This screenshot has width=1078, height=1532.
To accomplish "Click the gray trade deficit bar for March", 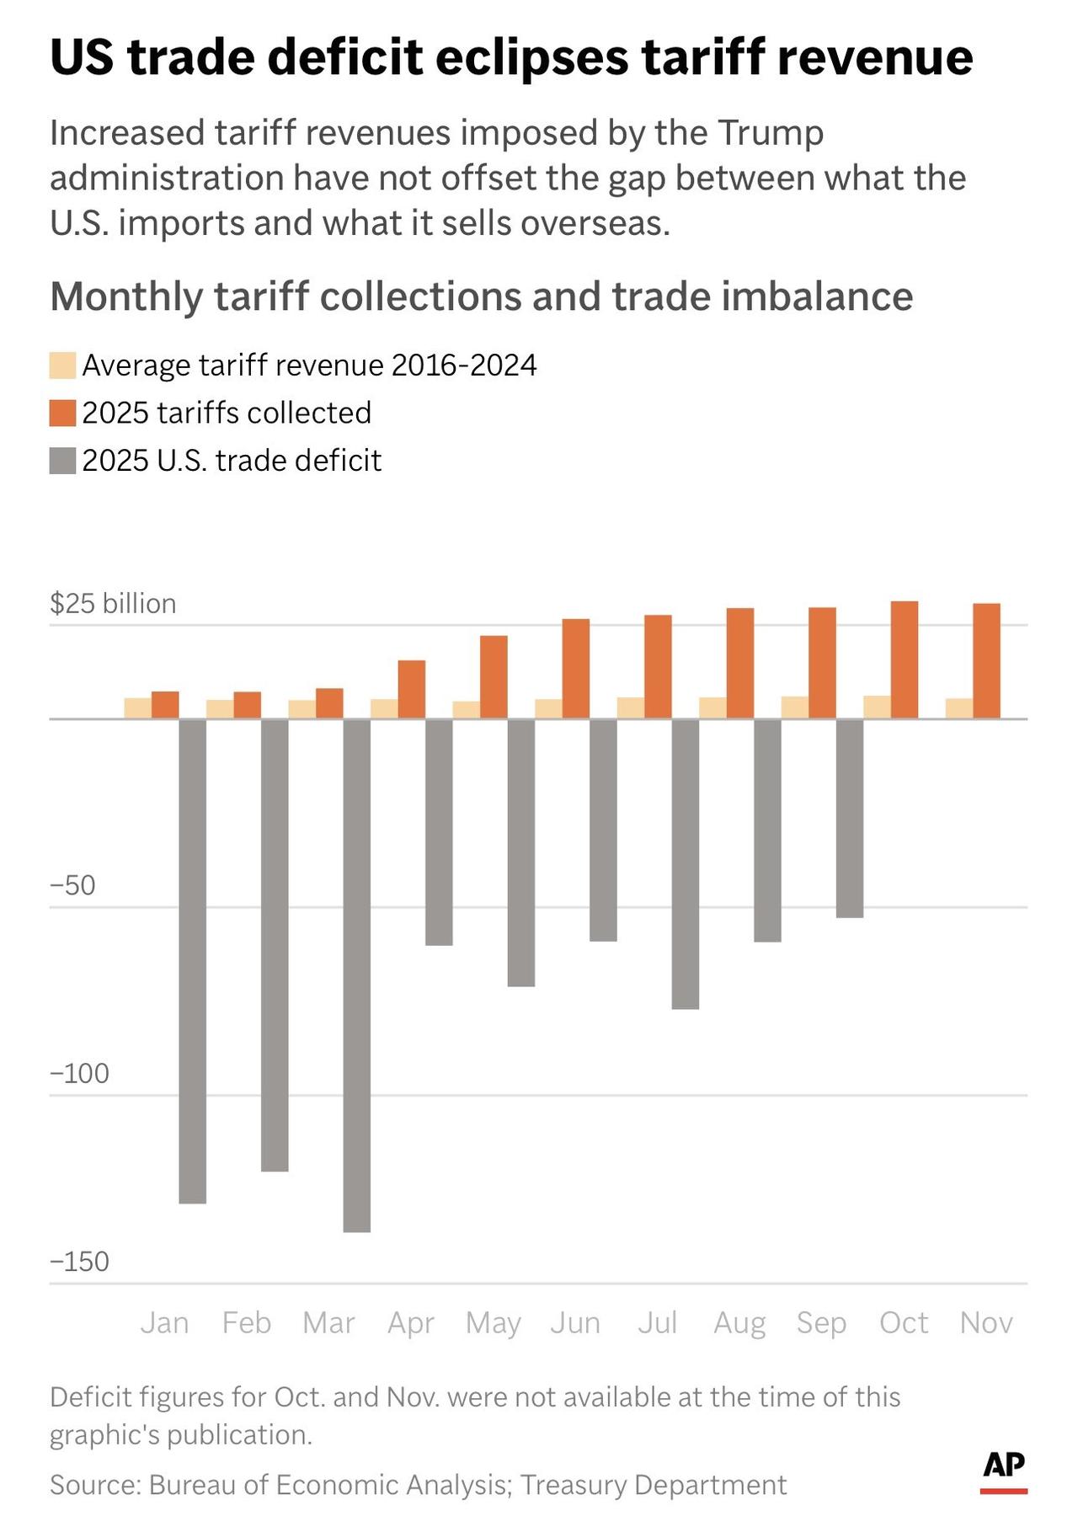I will coord(357,975).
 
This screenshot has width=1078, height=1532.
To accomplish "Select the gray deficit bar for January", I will coord(193,961).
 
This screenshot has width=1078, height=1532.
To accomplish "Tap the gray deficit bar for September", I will coord(850,818).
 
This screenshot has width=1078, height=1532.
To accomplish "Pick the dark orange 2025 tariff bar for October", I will coord(905,659).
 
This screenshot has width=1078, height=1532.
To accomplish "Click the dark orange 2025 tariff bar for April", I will coord(412,689).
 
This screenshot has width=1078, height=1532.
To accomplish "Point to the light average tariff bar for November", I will coord(959,708).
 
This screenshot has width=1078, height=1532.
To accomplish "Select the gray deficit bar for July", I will coord(686,864).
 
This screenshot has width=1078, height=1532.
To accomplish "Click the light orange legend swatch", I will coord(63,366).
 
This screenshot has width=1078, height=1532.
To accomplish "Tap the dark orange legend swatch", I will coord(63,414).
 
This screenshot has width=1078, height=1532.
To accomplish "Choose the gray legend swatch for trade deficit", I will coord(63,462).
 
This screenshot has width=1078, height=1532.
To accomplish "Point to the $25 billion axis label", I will coord(113,604).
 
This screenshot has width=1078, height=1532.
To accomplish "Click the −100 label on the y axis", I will coord(80,1074).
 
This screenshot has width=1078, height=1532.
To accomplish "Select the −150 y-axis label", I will coord(80,1262).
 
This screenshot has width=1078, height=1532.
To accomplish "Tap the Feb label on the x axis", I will coord(247,1323).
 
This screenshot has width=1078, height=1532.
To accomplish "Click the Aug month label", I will coord(739,1323).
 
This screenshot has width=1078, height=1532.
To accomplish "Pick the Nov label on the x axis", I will coord(986,1323).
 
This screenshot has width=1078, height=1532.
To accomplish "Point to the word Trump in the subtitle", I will coord(771,133).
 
